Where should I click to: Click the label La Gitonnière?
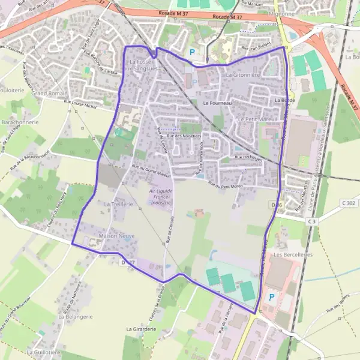tap(242, 75)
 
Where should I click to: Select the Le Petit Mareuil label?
tap(257, 119)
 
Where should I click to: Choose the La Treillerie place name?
tap(118, 205)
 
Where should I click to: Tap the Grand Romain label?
tap(49, 94)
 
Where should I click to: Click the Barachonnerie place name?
tap(21, 121)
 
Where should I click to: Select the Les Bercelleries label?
tap(293, 254)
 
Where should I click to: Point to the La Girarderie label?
tap(142, 329)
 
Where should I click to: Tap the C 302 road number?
tap(348, 203)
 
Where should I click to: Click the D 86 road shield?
tap(277, 205)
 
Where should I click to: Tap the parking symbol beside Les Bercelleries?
tap(272, 296)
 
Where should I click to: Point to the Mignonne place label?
tap(283, 13)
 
